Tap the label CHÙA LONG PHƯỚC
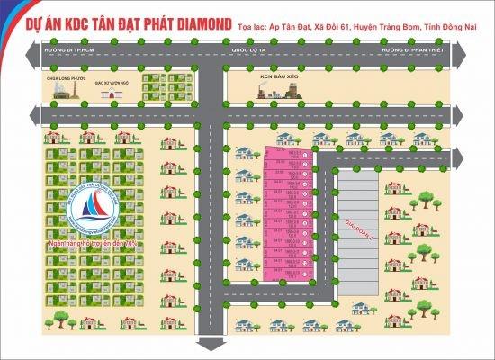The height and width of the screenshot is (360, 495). pyautogui.click(x=52, y=78)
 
